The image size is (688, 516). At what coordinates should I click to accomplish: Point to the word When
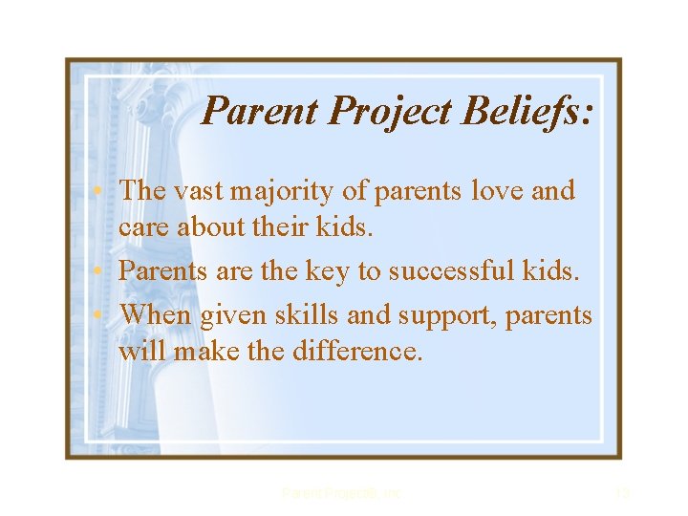pos(157,313)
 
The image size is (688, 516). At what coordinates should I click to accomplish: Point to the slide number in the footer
pos(622,493)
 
